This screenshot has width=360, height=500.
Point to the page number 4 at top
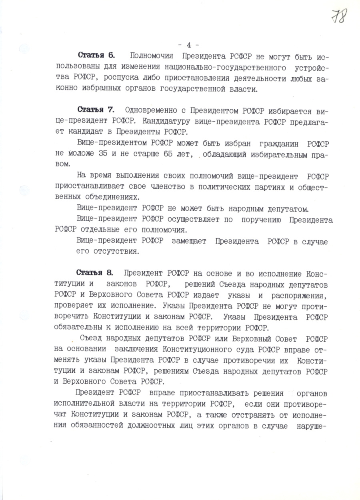(189, 44)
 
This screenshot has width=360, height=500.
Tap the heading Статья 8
(95, 273)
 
